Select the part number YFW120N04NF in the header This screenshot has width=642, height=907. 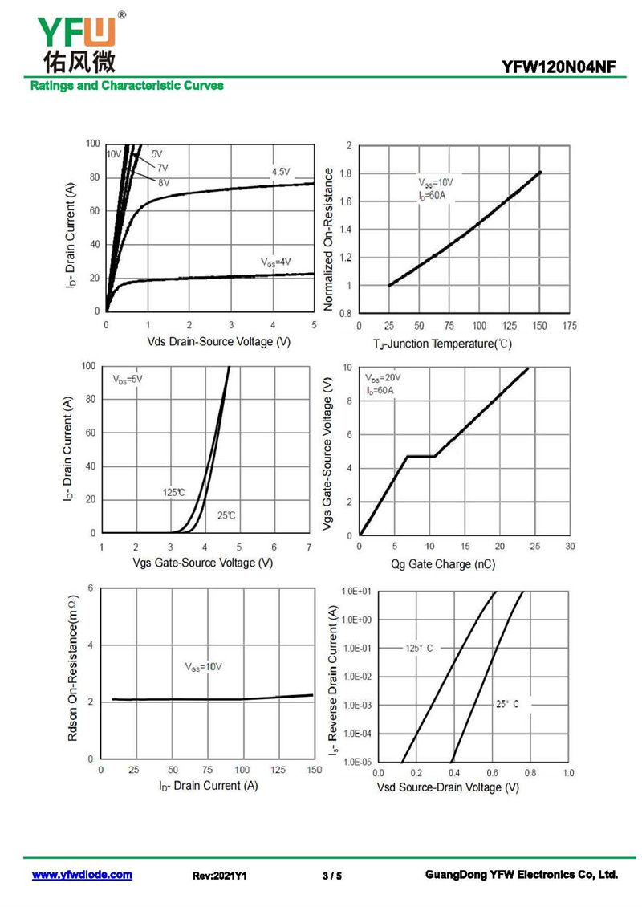(x=559, y=68)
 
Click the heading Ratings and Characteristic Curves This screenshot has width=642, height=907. (x=127, y=85)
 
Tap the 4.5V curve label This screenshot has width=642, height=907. (x=281, y=172)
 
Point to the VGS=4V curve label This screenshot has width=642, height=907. (x=275, y=262)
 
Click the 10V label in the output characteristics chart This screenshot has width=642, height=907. (x=113, y=154)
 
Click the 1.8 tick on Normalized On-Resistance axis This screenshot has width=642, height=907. (x=347, y=173)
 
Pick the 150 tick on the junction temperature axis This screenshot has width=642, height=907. (x=539, y=327)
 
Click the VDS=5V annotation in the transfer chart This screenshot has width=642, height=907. (x=127, y=378)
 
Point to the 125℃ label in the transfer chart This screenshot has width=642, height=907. (x=173, y=492)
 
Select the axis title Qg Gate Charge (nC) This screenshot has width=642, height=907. (x=443, y=564)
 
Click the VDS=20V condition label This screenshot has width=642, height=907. (x=383, y=378)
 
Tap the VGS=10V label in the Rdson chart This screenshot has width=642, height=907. (x=203, y=667)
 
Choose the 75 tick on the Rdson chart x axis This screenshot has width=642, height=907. (x=208, y=771)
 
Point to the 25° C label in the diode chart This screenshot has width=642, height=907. (x=507, y=704)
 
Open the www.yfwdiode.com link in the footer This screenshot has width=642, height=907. (x=82, y=875)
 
